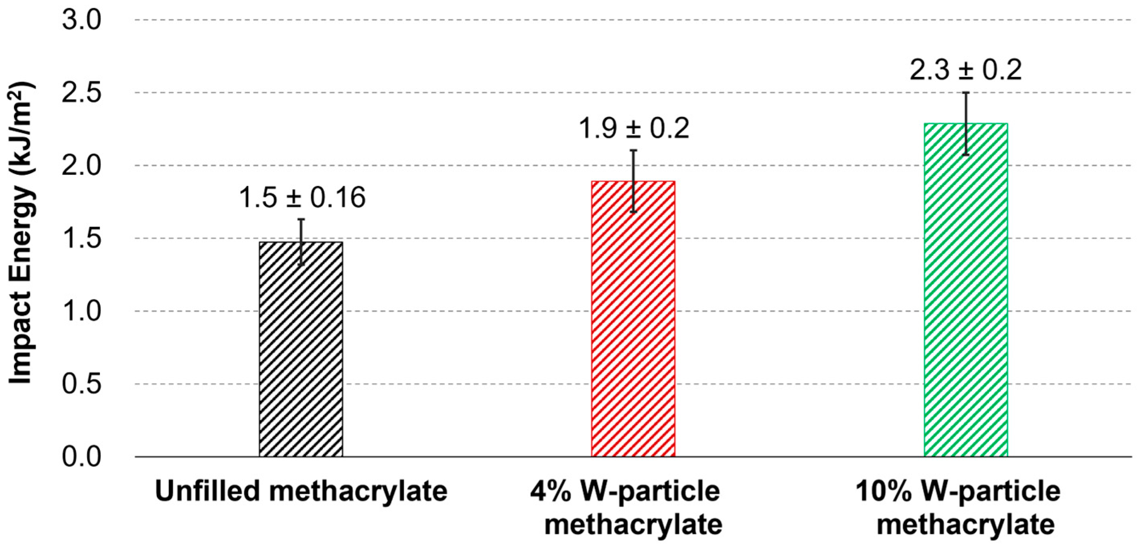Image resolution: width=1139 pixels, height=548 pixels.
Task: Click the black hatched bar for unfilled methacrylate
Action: pos(301,354)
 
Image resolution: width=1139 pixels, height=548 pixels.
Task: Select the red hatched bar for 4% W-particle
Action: pos(633,323)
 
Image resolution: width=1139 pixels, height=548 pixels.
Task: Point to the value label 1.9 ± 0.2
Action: pos(634,129)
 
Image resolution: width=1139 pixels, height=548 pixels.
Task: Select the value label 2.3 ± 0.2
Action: pos(966,70)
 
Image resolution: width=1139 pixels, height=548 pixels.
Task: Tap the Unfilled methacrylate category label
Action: pos(301,491)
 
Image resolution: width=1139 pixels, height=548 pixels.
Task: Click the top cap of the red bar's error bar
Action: pos(633,151)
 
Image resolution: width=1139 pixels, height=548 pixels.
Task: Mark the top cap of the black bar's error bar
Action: pos(301,219)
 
